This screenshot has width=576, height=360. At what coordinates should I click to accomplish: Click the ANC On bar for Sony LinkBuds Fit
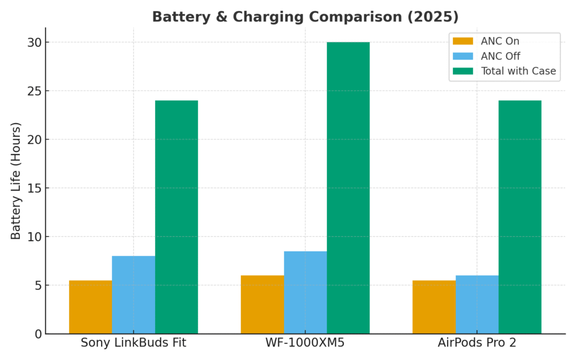91,307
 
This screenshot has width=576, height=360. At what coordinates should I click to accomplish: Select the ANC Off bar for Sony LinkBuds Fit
133,295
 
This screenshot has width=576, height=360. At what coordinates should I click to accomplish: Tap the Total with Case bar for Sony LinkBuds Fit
177,217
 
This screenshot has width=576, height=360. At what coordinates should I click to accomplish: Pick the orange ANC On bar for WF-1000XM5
262,304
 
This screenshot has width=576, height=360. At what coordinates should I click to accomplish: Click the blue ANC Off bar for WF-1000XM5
305,292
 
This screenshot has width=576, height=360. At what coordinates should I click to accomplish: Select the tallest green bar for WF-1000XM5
348,188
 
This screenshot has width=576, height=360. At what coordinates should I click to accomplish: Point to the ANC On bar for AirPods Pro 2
434,307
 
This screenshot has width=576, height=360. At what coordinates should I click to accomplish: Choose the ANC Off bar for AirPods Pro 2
477,304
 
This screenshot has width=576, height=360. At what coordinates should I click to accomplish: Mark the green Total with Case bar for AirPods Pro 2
520,217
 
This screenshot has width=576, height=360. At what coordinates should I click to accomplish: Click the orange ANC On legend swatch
463,41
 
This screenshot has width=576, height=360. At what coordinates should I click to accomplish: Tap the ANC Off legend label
500,56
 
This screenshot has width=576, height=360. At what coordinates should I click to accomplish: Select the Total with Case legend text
518,71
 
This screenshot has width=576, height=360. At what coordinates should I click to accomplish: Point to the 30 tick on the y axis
35,43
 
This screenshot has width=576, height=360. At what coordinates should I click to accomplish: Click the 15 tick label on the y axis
35,188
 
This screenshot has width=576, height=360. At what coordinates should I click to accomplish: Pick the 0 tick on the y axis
38,334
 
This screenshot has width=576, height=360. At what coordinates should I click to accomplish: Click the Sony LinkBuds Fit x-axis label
133,343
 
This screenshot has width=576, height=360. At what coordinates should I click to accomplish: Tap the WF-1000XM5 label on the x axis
305,343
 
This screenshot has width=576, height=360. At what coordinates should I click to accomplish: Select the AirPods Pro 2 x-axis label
477,343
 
